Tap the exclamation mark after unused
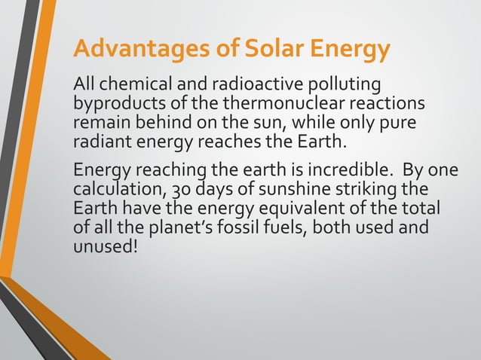click(136, 243)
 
